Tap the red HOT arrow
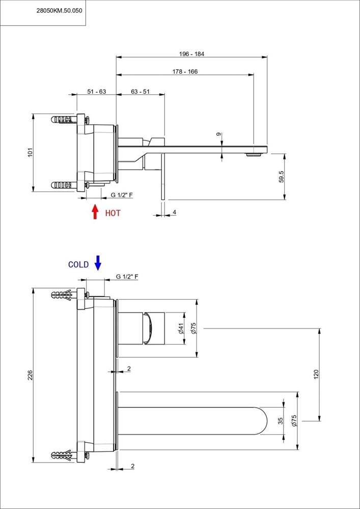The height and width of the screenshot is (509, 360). click(95, 212)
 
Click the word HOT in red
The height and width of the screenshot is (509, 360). click(113, 213)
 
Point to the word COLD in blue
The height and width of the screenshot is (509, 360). click(78, 265)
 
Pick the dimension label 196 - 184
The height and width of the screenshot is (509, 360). click(191, 54)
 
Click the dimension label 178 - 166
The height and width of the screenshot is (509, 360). click(185, 71)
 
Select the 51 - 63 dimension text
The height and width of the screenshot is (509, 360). click(97, 92)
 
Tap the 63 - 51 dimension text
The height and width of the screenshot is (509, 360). click(140, 92)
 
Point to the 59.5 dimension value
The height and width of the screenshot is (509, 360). click(281, 177)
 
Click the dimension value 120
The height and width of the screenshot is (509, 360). click(317, 374)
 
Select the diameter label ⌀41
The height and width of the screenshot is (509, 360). click(181, 328)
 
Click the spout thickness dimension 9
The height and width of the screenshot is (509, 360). click(219, 134)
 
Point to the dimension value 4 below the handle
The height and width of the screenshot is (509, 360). click(174, 212)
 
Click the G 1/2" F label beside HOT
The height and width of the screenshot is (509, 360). click(122, 195)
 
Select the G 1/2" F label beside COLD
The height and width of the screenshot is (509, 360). click(127, 276)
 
